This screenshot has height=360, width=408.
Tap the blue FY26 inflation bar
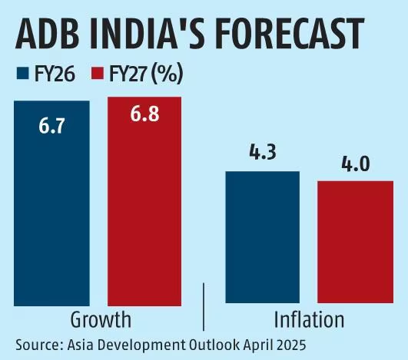[x=262, y=238]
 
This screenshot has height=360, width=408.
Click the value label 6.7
[x=51, y=124]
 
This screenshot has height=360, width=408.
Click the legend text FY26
[x=53, y=75]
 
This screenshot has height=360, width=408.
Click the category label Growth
[x=100, y=319]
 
